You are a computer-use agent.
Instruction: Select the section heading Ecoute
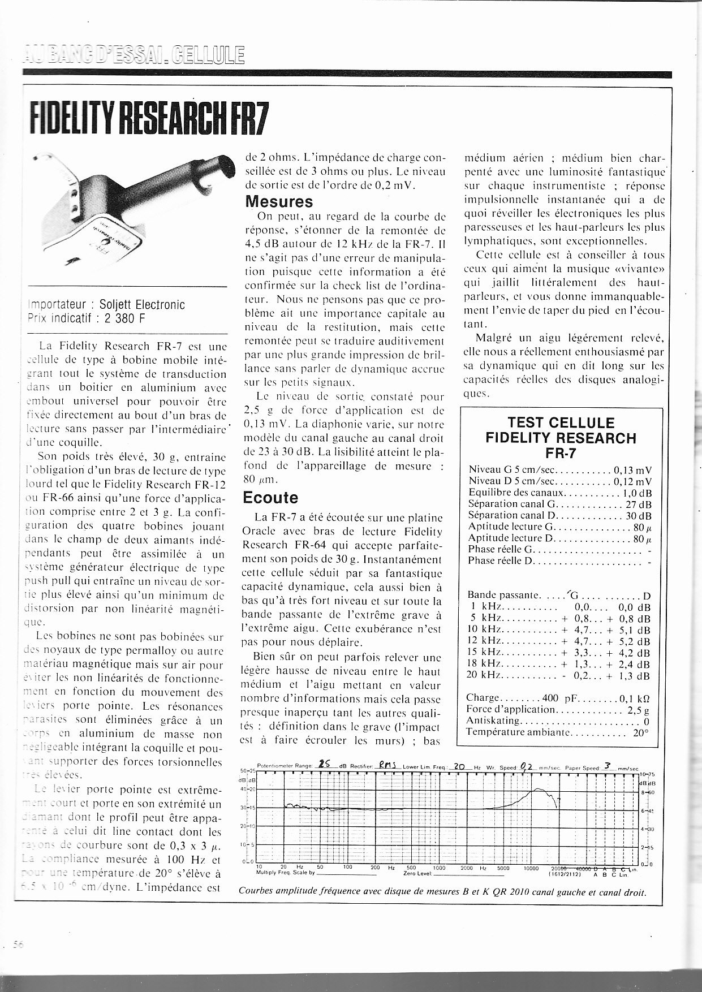270,498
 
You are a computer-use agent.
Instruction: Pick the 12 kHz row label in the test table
482,641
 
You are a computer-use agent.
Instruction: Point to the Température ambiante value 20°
640,732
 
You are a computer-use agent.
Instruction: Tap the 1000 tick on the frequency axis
439,868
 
